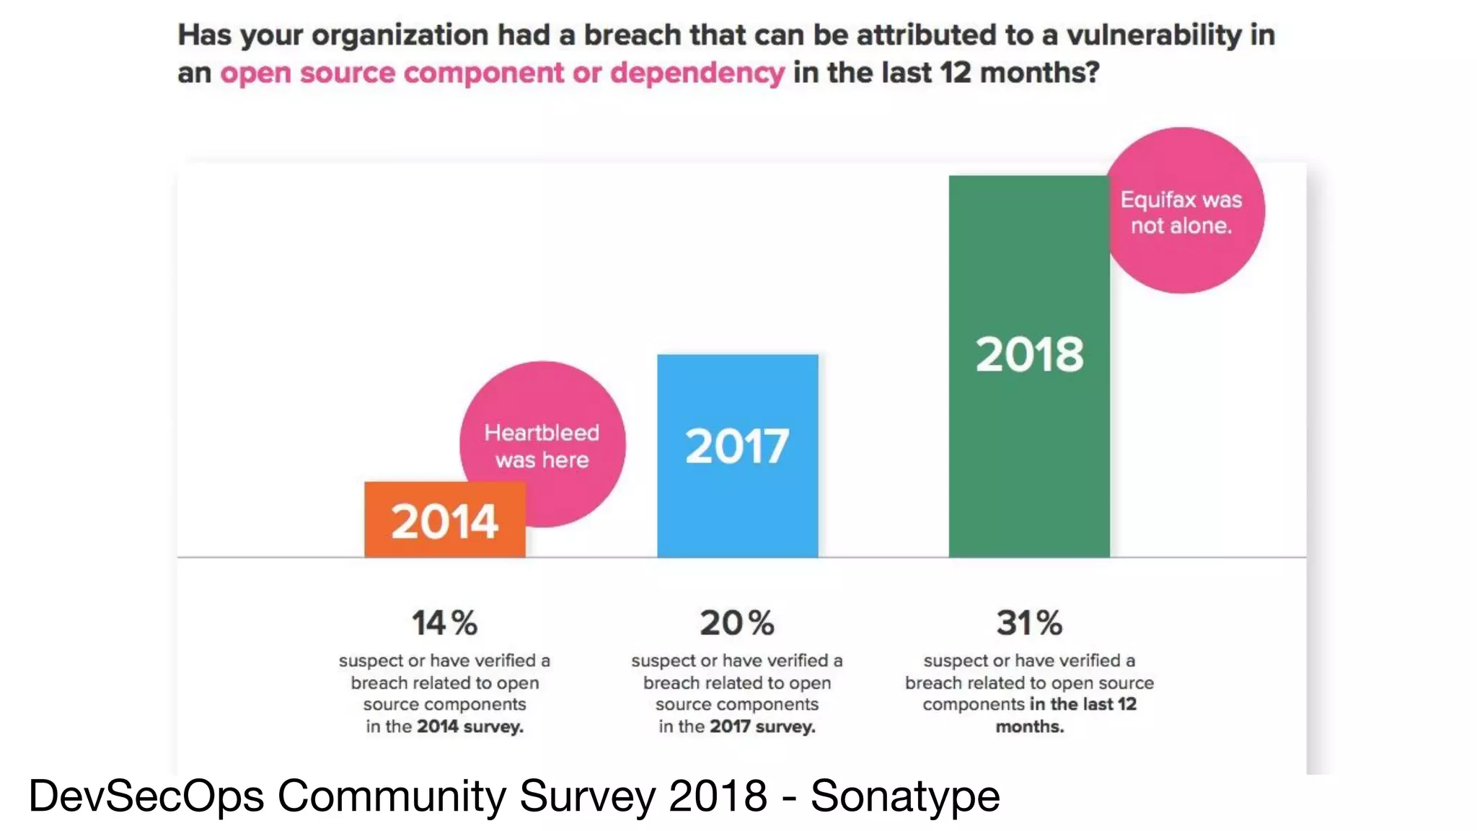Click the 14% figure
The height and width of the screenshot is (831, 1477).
coord(444,623)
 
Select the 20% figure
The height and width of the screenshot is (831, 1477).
coord(737,623)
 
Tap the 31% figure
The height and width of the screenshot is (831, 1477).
coord(1029,623)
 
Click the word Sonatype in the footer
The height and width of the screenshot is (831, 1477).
coord(905,796)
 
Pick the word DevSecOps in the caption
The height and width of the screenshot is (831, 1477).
coord(146,796)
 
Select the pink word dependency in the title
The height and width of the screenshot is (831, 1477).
coord(697,74)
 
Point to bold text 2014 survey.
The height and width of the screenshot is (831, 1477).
coord(469,726)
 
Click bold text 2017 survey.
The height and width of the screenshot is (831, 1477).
coord(762,726)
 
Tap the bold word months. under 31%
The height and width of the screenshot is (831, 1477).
coord(1029,726)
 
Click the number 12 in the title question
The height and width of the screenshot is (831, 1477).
coord(956,74)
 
